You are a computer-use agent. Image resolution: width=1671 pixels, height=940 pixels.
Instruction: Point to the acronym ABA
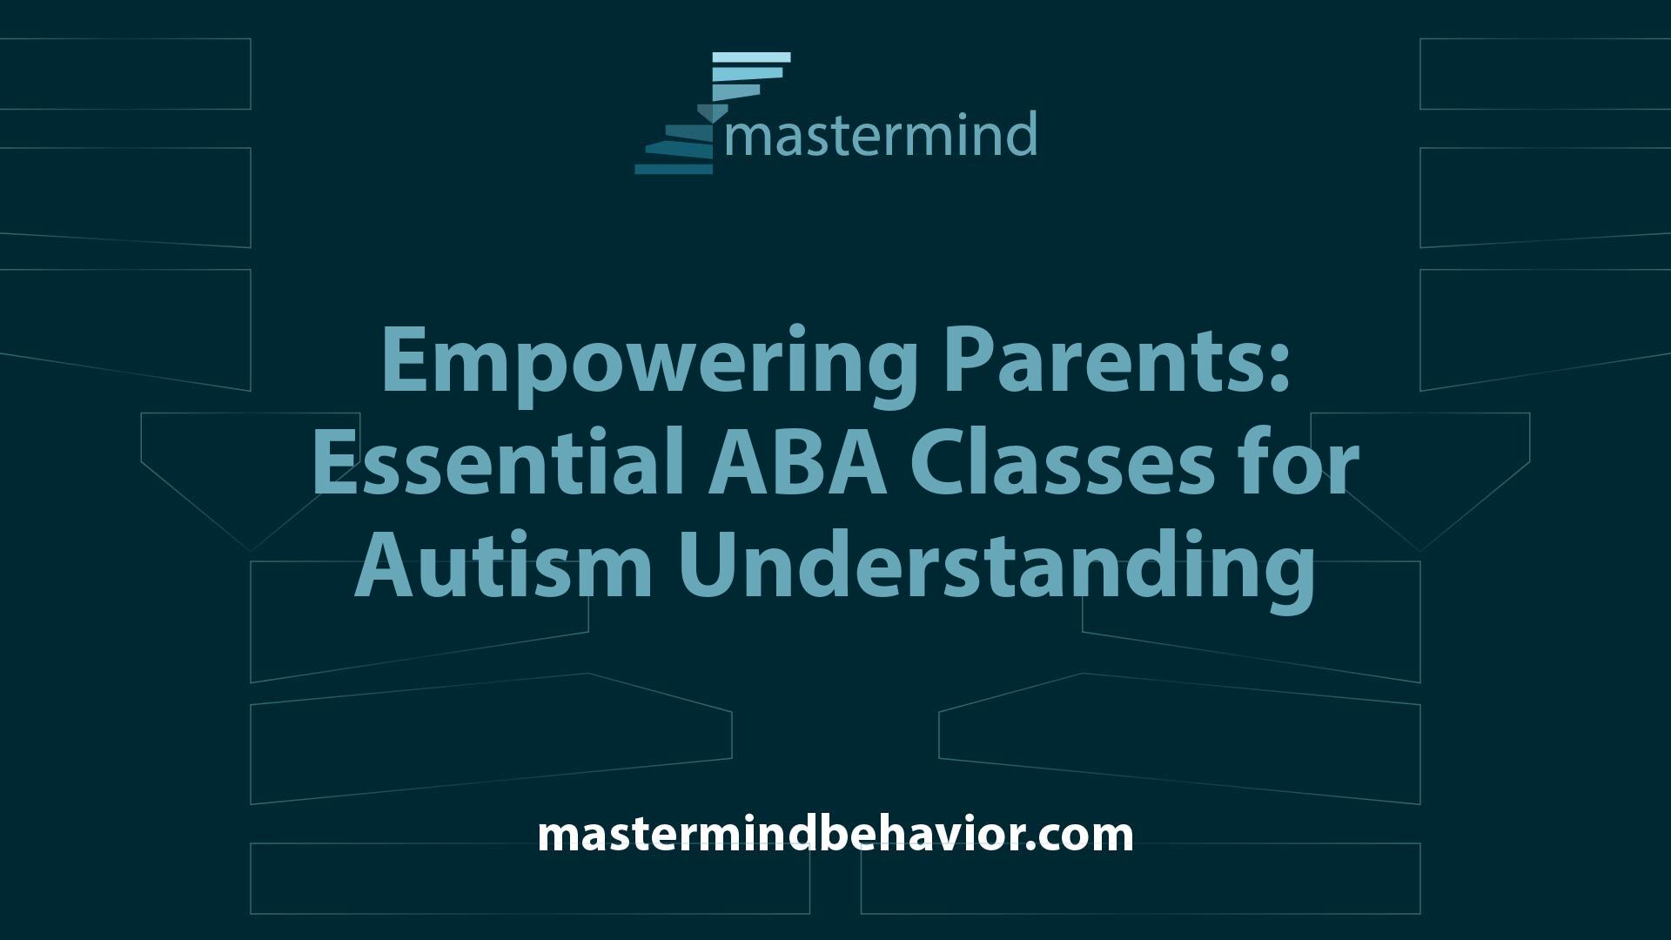(797, 466)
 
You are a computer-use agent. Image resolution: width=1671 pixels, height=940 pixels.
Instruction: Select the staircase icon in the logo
(713, 113)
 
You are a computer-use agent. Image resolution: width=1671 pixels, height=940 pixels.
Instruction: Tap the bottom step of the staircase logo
(674, 169)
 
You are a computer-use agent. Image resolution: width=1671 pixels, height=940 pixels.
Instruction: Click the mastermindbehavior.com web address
(835, 834)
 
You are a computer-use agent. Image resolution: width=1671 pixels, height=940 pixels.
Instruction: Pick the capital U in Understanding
(706, 568)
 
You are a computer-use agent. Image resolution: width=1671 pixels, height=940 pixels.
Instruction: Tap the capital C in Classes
(937, 466)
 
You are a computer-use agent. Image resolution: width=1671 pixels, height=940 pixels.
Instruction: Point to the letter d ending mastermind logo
(1022, 133)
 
